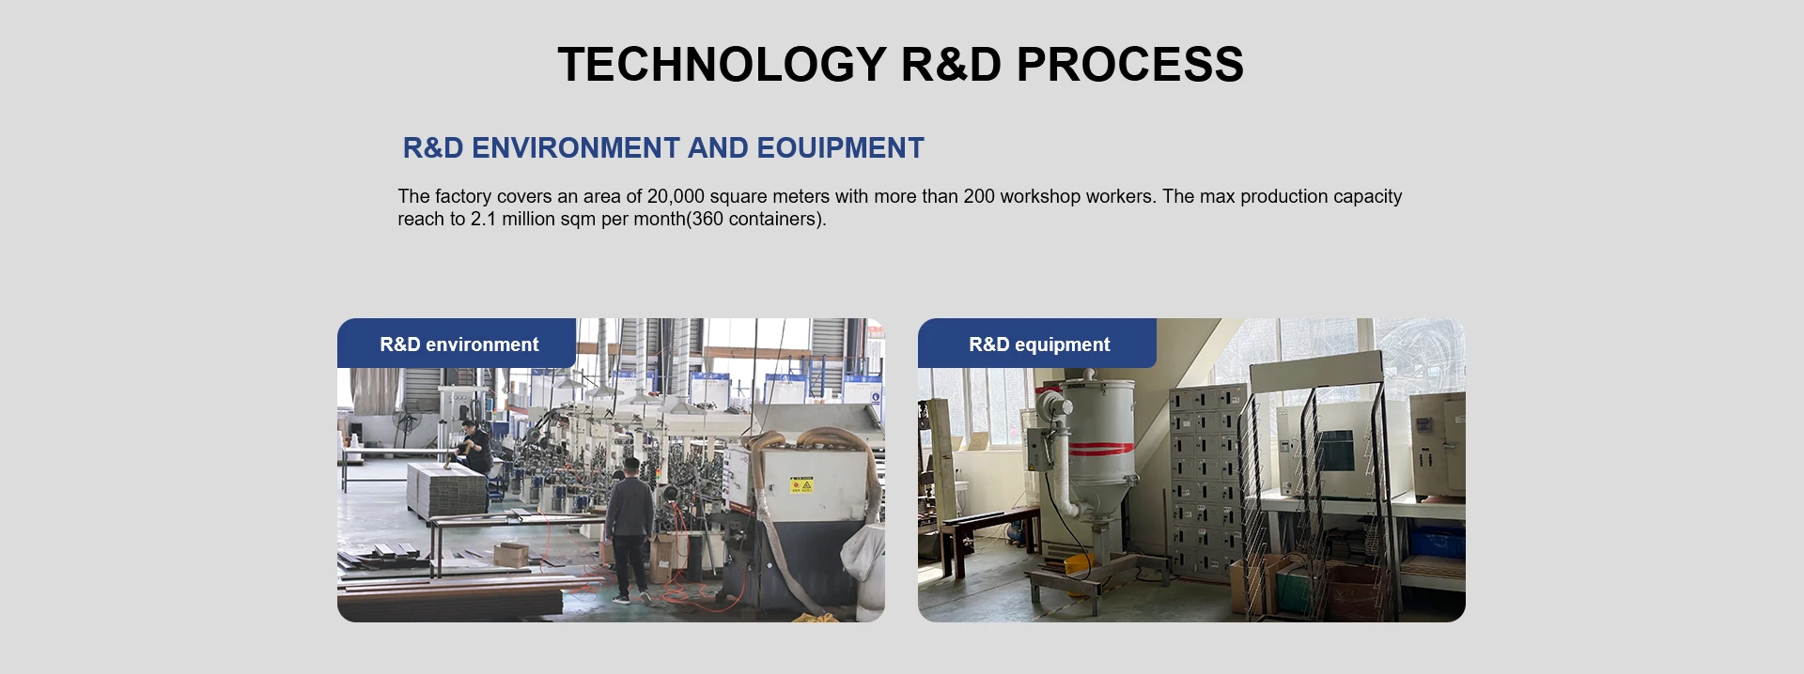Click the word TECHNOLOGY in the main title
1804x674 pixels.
(722, 65)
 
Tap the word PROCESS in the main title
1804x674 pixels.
(1129, 65)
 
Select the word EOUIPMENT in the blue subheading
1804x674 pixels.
(840, 148)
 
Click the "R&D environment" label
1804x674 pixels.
(459, 345)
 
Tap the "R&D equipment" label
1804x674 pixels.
(1039, 345)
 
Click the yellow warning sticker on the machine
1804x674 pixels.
(801, 485)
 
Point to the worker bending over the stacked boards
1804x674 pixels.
(474, 448)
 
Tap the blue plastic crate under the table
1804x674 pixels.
(1436, 542)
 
